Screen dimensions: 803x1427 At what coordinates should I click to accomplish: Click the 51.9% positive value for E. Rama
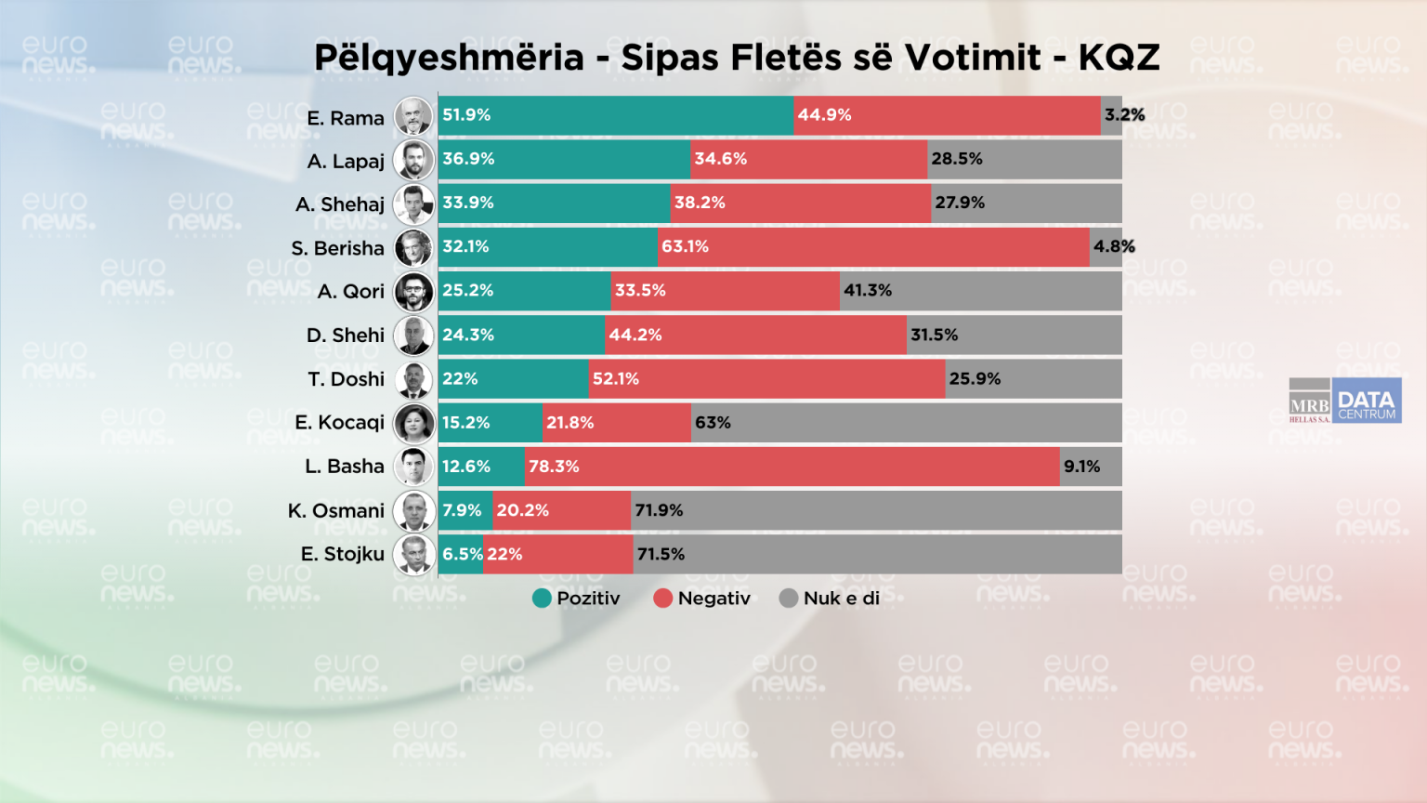coord(466,115)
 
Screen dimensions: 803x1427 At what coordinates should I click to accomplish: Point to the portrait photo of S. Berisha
coord(413,248)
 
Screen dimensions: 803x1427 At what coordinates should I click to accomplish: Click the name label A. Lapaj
coord(346,162)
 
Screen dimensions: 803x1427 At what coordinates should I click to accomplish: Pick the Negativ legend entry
coord(701,599)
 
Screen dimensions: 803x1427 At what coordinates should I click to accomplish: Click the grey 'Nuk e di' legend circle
coord(789,599)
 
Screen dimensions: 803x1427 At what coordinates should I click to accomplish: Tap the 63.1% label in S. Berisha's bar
coord(685,247)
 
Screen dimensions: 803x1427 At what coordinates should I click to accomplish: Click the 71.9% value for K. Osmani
coord(659,510)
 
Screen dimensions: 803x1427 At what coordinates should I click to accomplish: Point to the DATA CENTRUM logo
coord(1367,401)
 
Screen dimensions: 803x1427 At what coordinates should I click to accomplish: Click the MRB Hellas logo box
coord(1309,401)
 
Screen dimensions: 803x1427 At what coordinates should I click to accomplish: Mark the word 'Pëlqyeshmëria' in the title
coord(449,58)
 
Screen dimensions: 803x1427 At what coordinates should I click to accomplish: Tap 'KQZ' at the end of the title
coord(1119,58)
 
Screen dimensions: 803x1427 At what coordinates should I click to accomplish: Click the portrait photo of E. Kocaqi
coord(413,424)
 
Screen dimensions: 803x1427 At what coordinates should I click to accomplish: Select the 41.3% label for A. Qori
coord(868,291)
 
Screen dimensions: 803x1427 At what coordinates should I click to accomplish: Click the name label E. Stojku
coord(342,555)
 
